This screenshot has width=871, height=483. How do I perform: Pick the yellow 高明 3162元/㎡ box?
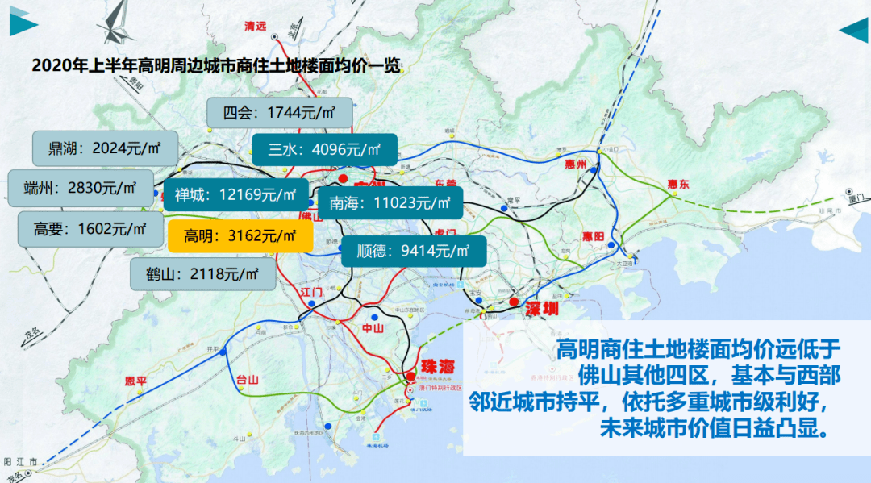(x=240, y=235)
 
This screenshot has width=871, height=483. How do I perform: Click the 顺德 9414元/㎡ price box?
(x=414, y=251)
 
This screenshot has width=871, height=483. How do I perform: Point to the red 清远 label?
(x=255, y=26)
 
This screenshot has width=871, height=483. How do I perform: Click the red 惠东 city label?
(x=679, y=185)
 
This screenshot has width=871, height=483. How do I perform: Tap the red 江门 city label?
(x=310, y=289)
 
